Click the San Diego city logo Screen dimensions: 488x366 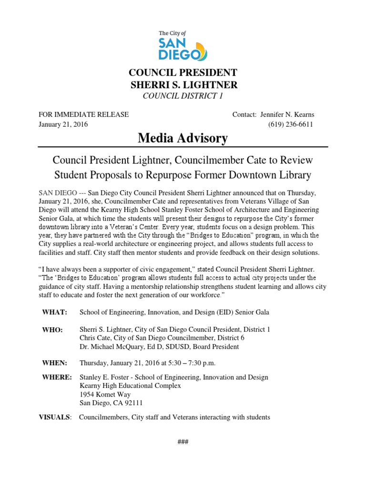pyautogui.click(x=183, y=46)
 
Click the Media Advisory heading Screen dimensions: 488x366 pyautogui.click(x=183, y=139)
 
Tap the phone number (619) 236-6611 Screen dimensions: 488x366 pyautogui.click(x=291, y=124)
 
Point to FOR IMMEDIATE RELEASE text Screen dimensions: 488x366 pyautogui.click(x=83, y=115)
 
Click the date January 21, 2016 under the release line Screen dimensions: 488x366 pyautogui.click(x=63, y=124)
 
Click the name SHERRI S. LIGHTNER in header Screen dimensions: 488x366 pyautogui.click(x=183, y=85)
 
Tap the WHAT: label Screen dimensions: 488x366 pyautogui.click(x=55, y=312)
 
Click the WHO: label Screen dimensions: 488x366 pyautogui.click(x=52, y=330)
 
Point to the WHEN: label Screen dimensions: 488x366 pyautogui.click(x=54, y=363)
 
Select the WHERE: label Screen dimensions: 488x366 pyautogui.click(x=57, y=377)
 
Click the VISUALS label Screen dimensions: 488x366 pyautogui.click(x=54, y=417)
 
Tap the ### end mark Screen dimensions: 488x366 pyautogui.click(x=183, y=442)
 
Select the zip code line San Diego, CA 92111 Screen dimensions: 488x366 pyautogui.click(x=111, y=403)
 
